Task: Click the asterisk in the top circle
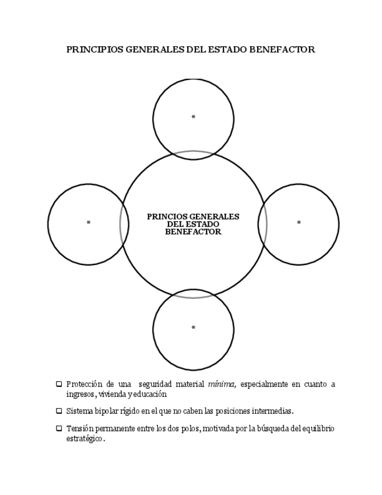pos(194,117)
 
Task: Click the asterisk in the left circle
pos(89,222)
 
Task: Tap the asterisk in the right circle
pos(299,222)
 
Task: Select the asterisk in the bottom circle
pos(194,328)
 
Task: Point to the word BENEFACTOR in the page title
pos(282,50)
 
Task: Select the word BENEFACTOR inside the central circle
pos(193,232)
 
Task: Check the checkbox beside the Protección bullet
pos(59,384)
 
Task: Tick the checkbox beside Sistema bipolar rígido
pos(59,411)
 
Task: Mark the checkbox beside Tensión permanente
pos(59,428)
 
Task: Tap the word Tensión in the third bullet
pos(80,428)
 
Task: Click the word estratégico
pos(85,438)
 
